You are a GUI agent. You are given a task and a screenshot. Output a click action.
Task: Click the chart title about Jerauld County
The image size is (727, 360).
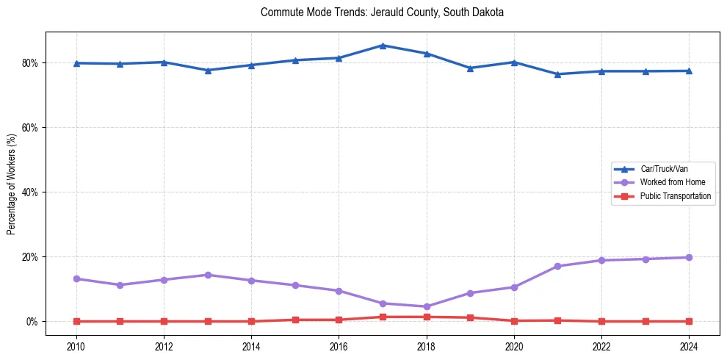pyautogui.click(x=382, y=13)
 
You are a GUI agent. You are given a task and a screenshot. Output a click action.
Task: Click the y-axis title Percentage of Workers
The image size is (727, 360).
pyautogui.click(x=12, y=184)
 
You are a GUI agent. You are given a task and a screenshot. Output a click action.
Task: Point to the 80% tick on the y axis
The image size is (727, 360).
pyautogui.click(x=32, y=63)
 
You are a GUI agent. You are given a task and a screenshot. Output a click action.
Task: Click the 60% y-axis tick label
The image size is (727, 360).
pyautogui.click(x=32, y=128)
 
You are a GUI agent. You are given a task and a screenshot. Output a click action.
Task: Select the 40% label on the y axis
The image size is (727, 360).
pyautogui.click(x=32, y=192)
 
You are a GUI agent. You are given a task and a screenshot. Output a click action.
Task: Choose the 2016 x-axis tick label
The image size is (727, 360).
pyautogui.click(x=339, y=346)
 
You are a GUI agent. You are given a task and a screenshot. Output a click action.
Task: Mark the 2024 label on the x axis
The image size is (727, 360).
pyautogui.click(x=689, y=346)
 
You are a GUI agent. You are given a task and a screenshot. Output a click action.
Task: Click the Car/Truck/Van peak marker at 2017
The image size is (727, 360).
pyautogui.click(x=383, y=46)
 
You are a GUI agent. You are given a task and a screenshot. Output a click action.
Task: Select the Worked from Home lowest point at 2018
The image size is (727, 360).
pyautogui.click(x=427, y=307)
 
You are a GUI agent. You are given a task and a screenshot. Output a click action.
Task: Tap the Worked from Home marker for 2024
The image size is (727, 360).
pyautogui.click(x=689, y=258)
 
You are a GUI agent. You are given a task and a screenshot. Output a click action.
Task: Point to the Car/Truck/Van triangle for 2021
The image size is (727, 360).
pyautogui.click(x=557, y=74)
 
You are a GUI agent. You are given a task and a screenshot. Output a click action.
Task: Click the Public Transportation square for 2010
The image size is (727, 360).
pyautogui.click(x=76, y=321)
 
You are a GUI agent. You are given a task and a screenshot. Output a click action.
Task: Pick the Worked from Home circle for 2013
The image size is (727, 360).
pyautogui.click(x=208, y=275)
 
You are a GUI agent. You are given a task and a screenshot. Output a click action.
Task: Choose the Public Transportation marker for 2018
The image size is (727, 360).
pyautogui.click(x=427, y=317)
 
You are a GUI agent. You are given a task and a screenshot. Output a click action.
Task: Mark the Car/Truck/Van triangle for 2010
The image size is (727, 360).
pyautogui.click(x=76, y=63)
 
